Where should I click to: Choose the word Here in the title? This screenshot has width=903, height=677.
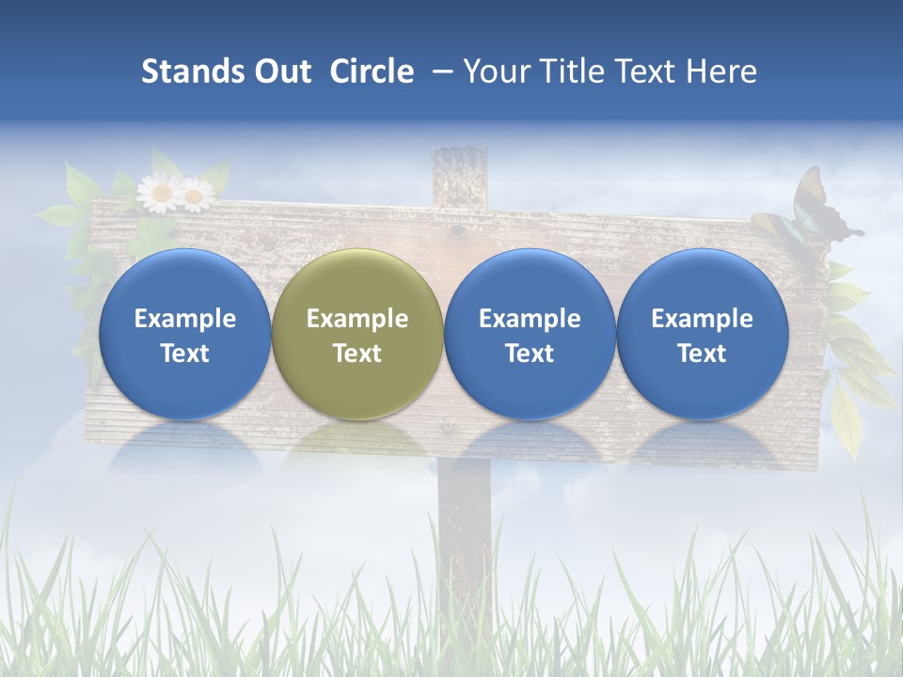coord(721,71)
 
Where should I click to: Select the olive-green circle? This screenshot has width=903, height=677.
coord(357,334)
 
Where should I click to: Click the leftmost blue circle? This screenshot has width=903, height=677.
coord(184,334)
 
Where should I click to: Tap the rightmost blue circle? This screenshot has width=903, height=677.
coord(703,334)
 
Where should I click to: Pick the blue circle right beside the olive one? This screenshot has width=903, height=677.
coord(530,334)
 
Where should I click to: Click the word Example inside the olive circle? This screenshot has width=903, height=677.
coord(357,319)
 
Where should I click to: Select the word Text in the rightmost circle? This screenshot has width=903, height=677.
coord(703,354)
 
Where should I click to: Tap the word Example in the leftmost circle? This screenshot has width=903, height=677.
coord(184,319)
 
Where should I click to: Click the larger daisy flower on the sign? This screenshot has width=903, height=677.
coord(160,193)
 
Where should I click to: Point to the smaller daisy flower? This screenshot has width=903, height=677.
coord(197,195)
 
